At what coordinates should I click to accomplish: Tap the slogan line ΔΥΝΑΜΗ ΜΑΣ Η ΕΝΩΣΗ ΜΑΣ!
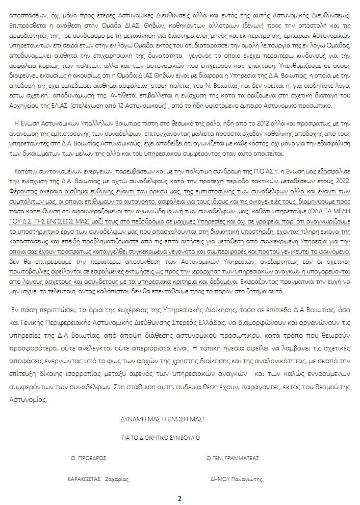pyautogui.click(x=162, y=419)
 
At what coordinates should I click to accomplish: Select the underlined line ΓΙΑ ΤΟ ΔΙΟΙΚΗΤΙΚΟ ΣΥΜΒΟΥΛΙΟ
pyautogui.click(x=161, y=438)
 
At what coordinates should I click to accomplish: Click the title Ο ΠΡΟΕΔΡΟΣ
pyautogui.click(x=88, y=458)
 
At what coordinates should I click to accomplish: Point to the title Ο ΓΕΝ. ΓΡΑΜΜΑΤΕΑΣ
pyautogui.click(x=233, y=458)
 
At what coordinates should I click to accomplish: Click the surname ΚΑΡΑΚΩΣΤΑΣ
pyautogui.click(x=84, y=479)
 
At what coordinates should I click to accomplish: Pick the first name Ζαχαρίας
pyautogui.click(x=116, y=479)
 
